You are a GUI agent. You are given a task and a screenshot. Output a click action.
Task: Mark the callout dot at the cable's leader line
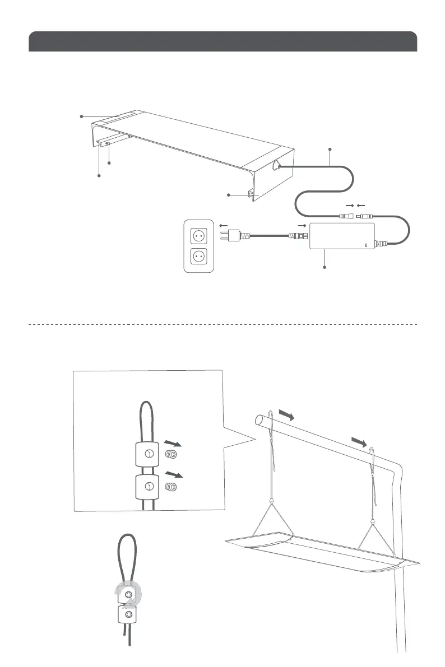[330, 149]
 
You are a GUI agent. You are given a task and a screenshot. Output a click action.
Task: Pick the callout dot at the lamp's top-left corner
[81, 116]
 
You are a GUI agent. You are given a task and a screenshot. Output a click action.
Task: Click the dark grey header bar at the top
[222, 42]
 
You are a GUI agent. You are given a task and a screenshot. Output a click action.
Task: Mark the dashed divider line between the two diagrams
[222, 324]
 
